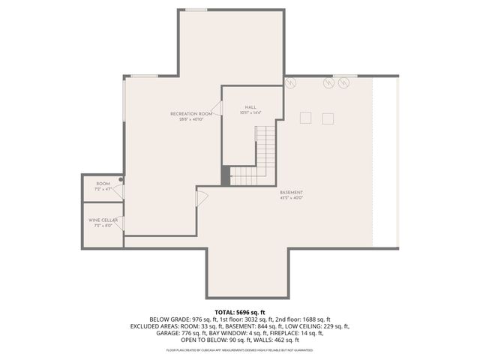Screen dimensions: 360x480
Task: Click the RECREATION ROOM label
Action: pos(190,114)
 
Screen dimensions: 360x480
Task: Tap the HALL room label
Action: pos(250,107)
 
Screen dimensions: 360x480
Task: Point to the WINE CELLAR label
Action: pos(103,220)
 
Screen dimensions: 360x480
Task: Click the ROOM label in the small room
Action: pos(103,184)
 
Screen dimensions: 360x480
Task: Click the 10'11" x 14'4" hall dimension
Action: pos(250,113)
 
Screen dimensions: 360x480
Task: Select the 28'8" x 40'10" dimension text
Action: pos(190,120)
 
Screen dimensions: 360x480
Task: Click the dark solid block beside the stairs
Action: pos(225,175)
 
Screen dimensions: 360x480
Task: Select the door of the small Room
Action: pos(118,192)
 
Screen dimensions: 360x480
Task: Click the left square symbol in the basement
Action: pos(305,118)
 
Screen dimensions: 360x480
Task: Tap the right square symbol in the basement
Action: pos(328,118)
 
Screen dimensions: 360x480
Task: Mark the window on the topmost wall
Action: pos(196,10)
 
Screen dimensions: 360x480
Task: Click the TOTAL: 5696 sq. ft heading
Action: pos(240,312)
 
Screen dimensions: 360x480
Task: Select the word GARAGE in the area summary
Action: pos(166,333)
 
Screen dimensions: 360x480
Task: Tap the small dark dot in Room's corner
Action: pos(121,180)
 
